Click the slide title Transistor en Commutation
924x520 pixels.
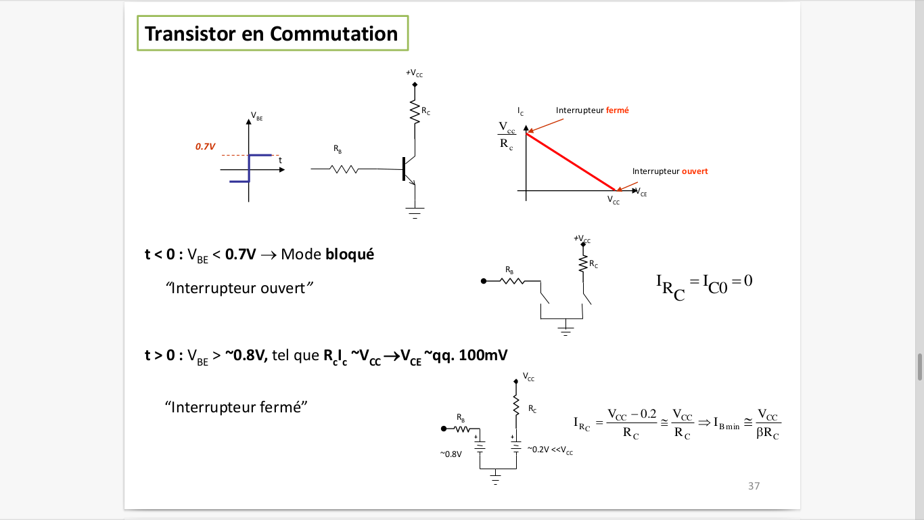click(271, 34)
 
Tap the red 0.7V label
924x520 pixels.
click(205, 146)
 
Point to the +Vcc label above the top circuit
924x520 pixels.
click(414, 73)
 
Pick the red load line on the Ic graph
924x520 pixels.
click(572, 162)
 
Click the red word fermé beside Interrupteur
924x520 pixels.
click(617, 110)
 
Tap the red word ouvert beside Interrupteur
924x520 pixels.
click(695, 171)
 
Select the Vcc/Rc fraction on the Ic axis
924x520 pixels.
click(507, 135)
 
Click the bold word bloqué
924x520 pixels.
click(350, 255)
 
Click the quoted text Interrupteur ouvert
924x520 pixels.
click(239, 288)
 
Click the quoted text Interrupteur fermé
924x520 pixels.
click(237, 407)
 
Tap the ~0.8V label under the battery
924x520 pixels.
click(451, 454)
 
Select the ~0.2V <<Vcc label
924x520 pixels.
click(550, 450)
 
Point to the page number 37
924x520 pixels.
click(754, 486)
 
